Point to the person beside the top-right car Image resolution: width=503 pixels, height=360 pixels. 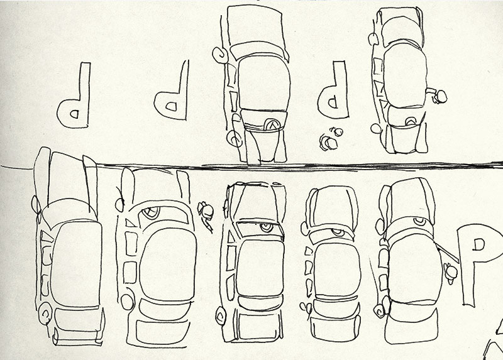point(438,95)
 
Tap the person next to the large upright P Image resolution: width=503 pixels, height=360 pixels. point(451,273)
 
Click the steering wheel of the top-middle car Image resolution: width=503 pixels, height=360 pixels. point(272,124)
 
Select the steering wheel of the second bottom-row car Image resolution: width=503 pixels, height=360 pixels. point(151,212)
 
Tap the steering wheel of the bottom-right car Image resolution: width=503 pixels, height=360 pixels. point(419,221)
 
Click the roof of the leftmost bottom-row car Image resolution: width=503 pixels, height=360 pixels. point(76,264)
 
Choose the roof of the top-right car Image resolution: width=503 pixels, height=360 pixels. point(406,75)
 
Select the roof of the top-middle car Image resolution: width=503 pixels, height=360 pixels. point(263,84)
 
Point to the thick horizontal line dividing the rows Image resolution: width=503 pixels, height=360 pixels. point(252,166)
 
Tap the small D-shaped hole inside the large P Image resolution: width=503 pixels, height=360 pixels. point(479,244)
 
